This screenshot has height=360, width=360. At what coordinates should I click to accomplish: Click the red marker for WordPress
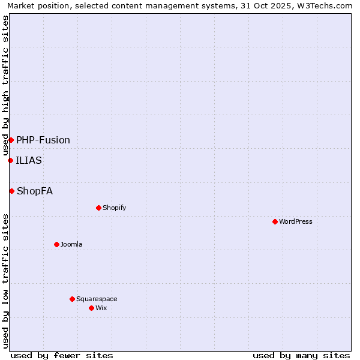(x=275, y=221)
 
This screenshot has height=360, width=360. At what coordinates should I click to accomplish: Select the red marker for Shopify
(x=98, y=208)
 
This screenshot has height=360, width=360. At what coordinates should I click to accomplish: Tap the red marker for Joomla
(x=56, y=244)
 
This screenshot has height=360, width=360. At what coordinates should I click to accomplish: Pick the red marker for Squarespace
(x=72, y=299)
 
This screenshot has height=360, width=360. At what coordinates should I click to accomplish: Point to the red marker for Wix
(x=91, y=308)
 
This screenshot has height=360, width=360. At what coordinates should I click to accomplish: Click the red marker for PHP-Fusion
(x=11, y=140)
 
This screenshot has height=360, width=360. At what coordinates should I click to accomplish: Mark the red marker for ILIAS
(x=10, y=160)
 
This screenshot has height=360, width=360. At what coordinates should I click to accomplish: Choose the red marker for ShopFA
(x=11, y=191)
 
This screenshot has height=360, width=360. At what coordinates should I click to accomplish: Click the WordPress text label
(x=296, y=221)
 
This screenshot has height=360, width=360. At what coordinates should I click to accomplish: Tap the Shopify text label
(x=114, y=208)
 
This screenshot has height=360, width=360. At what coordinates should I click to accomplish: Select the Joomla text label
(x=71, y=244)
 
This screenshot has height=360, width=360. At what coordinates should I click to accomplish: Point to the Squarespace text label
(x=97, y=299)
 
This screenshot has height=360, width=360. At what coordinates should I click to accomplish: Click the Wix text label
(x=101, y=308)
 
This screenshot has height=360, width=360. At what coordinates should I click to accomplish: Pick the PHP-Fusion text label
(x=43, y=140)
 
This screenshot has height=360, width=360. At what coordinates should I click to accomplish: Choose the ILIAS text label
(x=29, y=160)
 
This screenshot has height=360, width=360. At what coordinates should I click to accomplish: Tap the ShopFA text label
(x=35, y=191)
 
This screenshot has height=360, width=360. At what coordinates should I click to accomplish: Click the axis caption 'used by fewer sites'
(x=62, y=355)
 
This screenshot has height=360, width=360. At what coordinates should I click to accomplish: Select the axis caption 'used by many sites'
(x=301, y=355)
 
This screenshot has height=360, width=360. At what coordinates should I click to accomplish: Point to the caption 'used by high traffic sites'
(x=5, y=85)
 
